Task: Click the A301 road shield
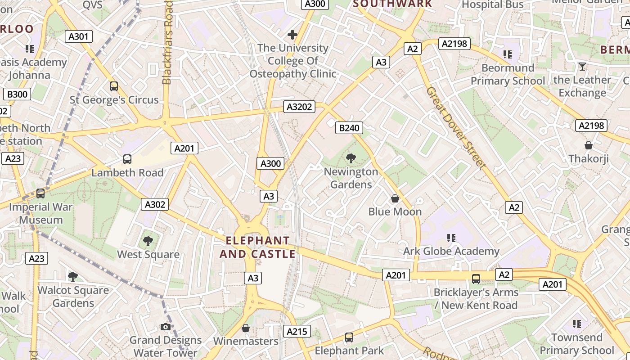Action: pos(79,36)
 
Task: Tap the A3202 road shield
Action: pos(299,107)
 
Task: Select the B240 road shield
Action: pos(349,128)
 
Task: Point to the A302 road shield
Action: pos(155,204)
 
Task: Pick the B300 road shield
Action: pos(18,94)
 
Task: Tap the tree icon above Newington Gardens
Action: pos(351,158)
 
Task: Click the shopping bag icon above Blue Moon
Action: pos(395,198)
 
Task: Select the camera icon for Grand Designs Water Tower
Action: pos(166,327)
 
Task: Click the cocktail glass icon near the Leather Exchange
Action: pos(582,67)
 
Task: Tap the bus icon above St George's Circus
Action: pos(114,86)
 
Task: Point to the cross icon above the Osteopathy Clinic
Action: pos(292,34)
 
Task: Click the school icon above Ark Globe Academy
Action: pos(451,238)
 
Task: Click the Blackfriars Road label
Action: pos(167,43)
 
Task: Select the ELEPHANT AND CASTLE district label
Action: pos(257,247)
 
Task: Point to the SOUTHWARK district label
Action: pos(392,4)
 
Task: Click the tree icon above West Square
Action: pos(148,241)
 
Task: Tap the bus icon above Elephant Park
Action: pos(349,337)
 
